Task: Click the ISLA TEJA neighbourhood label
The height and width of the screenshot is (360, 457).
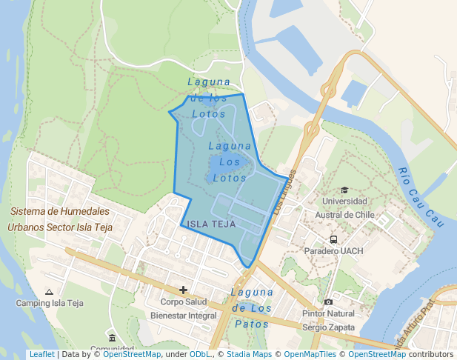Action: pyautogui.click(x=212, y=224)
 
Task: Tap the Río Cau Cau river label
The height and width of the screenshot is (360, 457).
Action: pyautogui.click(x=420, y=196)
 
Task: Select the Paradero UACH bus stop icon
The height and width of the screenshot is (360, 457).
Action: pyautogui.click(x=334, y=239)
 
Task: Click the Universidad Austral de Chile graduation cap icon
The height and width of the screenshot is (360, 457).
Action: pyautogui.click(x=344, y=190)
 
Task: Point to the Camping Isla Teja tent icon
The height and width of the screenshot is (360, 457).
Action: pyautogui.click(x=49, y=292)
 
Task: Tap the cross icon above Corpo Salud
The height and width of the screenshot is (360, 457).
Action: pyautogui.click(x=183, y=290)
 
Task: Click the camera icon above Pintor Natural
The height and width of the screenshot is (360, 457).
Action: pyautogui.click(x=328, y=301)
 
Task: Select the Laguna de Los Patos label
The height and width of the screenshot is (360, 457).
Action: pyautogui.click(x=252, y=307)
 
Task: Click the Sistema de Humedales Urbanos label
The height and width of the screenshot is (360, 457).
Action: pyautogui.click(x=60, y=219)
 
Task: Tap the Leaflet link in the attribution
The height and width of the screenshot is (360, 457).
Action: pyautogui.click(x=41, y=355)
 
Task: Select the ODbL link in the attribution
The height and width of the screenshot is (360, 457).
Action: pyautogui.click(x=200, y=355)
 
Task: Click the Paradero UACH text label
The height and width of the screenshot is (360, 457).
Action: pyautogui.click(x=334, y=251)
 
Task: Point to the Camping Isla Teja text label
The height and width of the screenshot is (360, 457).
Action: pyautogui.click(x=49, y=304)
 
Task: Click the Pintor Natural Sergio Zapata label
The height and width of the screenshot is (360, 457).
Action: pyautogui.click(x=329, y=320)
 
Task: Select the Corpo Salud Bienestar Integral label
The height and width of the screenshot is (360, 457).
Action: pyautogui.click(x=183, y=309)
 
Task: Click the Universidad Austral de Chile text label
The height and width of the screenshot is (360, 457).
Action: pyautogui.click(x=345, y=208)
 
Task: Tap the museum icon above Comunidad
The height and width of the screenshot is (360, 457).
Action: pyautogui.click(x=112, y=338)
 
